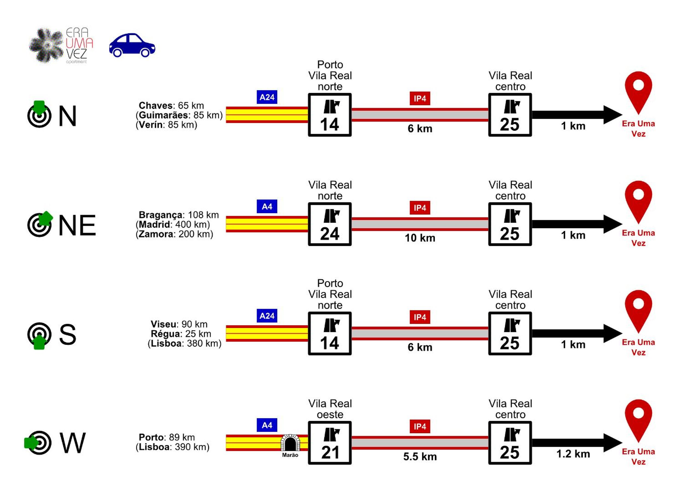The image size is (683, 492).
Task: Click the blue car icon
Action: [x=132, y=45]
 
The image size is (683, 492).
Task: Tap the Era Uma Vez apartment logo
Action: [x=61, y=45]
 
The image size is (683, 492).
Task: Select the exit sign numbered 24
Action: [x=330, y=224]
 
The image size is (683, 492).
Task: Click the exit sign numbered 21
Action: [x=330, y=443]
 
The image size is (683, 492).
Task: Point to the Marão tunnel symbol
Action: [x=290, y=443]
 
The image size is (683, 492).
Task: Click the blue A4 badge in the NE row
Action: [x=267, y=207]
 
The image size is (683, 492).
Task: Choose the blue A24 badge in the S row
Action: [x=267, y=316]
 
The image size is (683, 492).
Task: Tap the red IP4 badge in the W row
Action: [x=420, y=427]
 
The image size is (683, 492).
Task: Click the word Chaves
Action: [x=155, y=106]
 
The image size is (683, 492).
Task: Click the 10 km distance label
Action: [x=420, y=238]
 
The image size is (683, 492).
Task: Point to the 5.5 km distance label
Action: [x=420, y=457]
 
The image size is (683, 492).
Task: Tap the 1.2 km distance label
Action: [x=573, y=454]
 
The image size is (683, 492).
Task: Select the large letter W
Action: [x=73, y=443]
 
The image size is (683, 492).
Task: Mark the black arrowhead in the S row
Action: [x=613, y=333]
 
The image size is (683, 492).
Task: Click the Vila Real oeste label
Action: [x=330, y=409]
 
